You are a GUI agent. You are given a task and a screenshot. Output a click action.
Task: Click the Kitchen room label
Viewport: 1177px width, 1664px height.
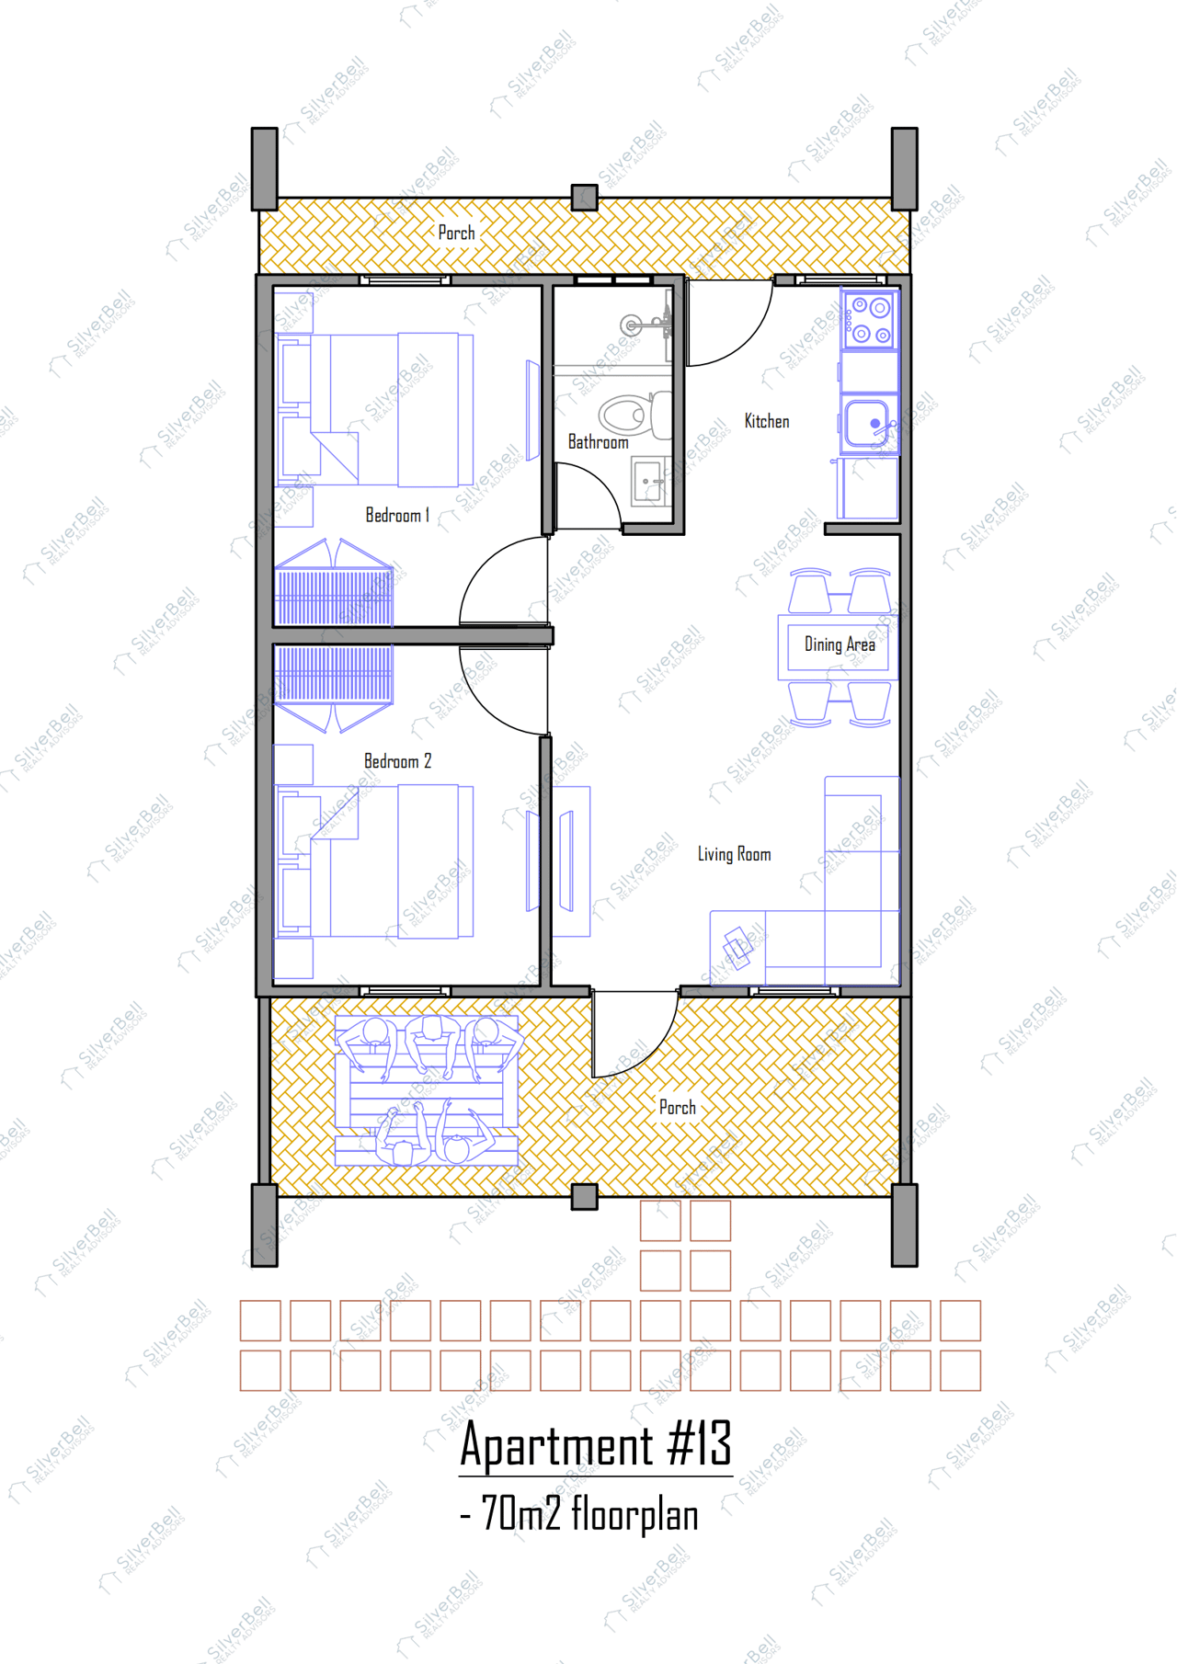766,421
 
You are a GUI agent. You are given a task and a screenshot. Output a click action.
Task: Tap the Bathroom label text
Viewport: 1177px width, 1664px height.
598,442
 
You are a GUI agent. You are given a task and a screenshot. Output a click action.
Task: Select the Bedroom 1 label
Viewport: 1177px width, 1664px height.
397,516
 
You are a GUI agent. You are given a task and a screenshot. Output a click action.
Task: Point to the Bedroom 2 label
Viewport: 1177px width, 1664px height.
397,761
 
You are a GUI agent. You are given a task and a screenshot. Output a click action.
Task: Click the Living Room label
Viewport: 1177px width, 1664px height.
734,854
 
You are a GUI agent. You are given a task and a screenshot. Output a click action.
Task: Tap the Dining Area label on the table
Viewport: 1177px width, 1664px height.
839,644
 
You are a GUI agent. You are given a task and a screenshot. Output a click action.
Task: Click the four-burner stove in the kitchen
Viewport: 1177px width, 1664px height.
870,320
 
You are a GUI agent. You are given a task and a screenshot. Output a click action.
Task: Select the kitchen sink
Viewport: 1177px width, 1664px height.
867,423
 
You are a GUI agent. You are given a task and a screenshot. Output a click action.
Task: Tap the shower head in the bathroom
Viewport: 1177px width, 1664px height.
633,325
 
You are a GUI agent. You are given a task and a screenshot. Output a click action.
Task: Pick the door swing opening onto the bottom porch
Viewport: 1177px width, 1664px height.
634,1034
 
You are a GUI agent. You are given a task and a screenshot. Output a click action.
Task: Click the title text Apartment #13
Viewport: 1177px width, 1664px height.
596,1444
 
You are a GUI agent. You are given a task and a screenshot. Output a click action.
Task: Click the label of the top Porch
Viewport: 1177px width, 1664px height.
456,234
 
